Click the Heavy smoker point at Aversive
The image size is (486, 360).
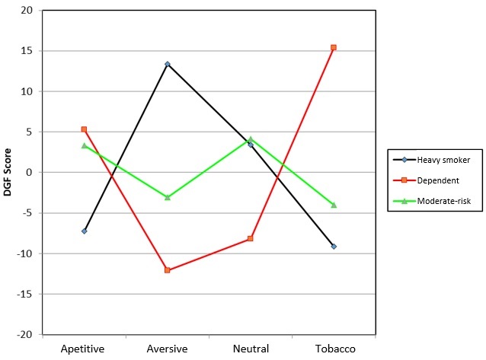click(167, 64)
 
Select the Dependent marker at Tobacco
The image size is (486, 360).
click(334, 47)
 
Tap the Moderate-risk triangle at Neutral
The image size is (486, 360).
click(251, 139)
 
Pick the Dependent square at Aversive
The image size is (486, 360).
click(167, 270)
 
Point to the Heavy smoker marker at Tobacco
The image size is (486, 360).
click(334, 246)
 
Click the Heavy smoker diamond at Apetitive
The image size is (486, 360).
click(84, 231)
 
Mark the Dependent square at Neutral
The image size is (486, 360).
click(251, 239)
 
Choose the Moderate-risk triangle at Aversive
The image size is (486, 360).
click(167, 197)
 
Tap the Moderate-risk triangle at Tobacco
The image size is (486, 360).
click(334, 205)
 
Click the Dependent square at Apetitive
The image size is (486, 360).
click(84, 129)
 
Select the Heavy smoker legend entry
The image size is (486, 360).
click(437, 159)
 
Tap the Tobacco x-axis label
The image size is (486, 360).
click(334, 349)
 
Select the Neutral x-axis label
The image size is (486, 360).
click(251, 349)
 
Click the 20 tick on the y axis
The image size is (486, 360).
click(28, 11)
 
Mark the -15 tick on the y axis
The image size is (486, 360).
click(27, 294)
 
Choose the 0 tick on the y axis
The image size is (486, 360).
click(31, 173)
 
